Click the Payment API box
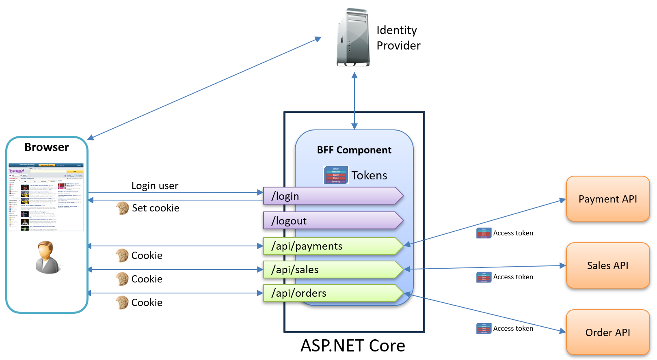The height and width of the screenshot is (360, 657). coord(607,199)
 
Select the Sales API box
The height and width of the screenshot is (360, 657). coord(607,265)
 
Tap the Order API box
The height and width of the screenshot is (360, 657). coord(607,332)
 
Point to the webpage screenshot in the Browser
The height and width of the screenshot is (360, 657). coord(46,197)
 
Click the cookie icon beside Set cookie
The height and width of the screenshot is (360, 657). coord(122,208)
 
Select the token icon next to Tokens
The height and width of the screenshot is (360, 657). coord(336,175)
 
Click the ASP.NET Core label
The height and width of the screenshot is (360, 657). coord(352,346)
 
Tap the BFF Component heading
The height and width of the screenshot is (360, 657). coord(354,150)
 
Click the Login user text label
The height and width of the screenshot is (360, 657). coord(155,186)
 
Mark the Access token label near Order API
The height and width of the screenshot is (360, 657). coord(513,328)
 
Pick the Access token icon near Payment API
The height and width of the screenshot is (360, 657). coord(484,233)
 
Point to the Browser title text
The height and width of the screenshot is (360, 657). coord(47,147)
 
